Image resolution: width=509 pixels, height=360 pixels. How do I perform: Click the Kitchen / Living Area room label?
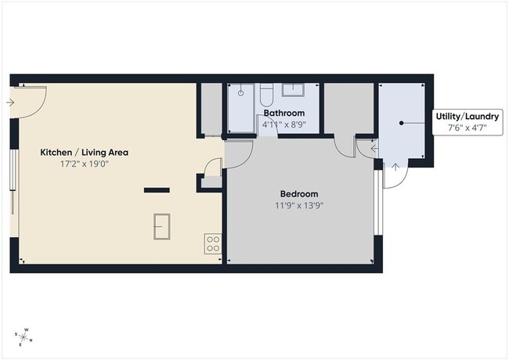[84, 153]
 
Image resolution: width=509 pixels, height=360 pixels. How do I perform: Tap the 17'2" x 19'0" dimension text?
[84, 165]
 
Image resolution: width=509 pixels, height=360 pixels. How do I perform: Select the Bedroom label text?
[299, 194]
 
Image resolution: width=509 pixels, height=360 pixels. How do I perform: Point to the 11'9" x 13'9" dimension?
[299, 207]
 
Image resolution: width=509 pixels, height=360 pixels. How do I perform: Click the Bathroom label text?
[283, 113]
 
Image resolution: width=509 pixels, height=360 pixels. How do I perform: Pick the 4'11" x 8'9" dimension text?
[283, 124]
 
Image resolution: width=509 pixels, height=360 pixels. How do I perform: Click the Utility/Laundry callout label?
[467, 117]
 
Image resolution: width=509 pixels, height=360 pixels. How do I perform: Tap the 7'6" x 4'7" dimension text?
[467, 128]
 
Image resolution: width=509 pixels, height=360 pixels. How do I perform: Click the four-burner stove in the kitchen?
[211, 243]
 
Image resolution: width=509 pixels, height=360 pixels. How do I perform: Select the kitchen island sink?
[163, 226]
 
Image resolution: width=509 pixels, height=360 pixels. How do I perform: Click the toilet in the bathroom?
[265, 95]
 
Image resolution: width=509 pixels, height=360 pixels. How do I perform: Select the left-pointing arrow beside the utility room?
[374, 146]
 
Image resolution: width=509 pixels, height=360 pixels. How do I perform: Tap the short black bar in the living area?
[156, 189]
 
